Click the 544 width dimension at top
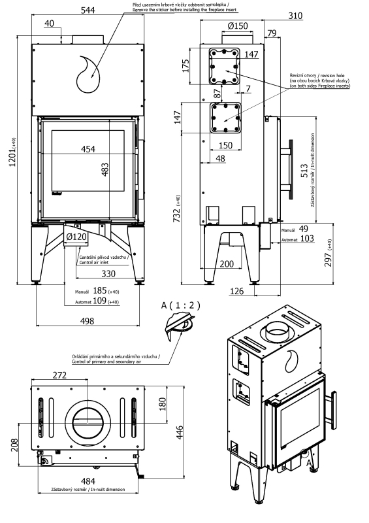coord(88,10)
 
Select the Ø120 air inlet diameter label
coord(76,237)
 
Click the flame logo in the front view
coord(88,75)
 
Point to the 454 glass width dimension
coord(88,149)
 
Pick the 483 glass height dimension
coord(104,169)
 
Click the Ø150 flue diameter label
coord(238,25)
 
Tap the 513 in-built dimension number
coord(304,171)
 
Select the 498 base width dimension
coord(88,321)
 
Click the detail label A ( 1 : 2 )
coord(180,305)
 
